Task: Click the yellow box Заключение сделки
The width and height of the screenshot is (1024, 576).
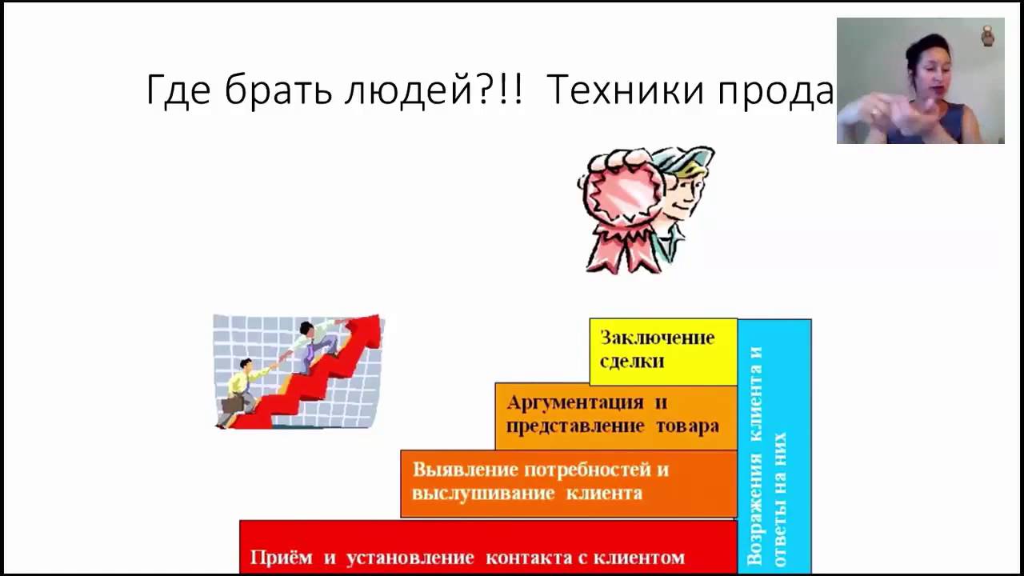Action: pyautogui.click(x=663, y=350)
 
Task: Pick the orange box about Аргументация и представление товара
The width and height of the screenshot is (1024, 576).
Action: pyautogui.click(x=614, y=415)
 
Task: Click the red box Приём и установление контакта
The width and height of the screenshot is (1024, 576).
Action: pyautogui.click(x=487, y=548)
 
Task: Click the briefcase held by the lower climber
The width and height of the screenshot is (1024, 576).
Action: pyautogui.click(x=231, y=405)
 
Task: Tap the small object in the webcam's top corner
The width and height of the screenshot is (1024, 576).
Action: pyautogui.click(x=987, y=35)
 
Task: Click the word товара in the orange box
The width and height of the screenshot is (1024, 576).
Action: pyautogui.click(x=688, y=426)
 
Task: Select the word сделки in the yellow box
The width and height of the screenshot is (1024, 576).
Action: pyautogui.click(x=632, y=361)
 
